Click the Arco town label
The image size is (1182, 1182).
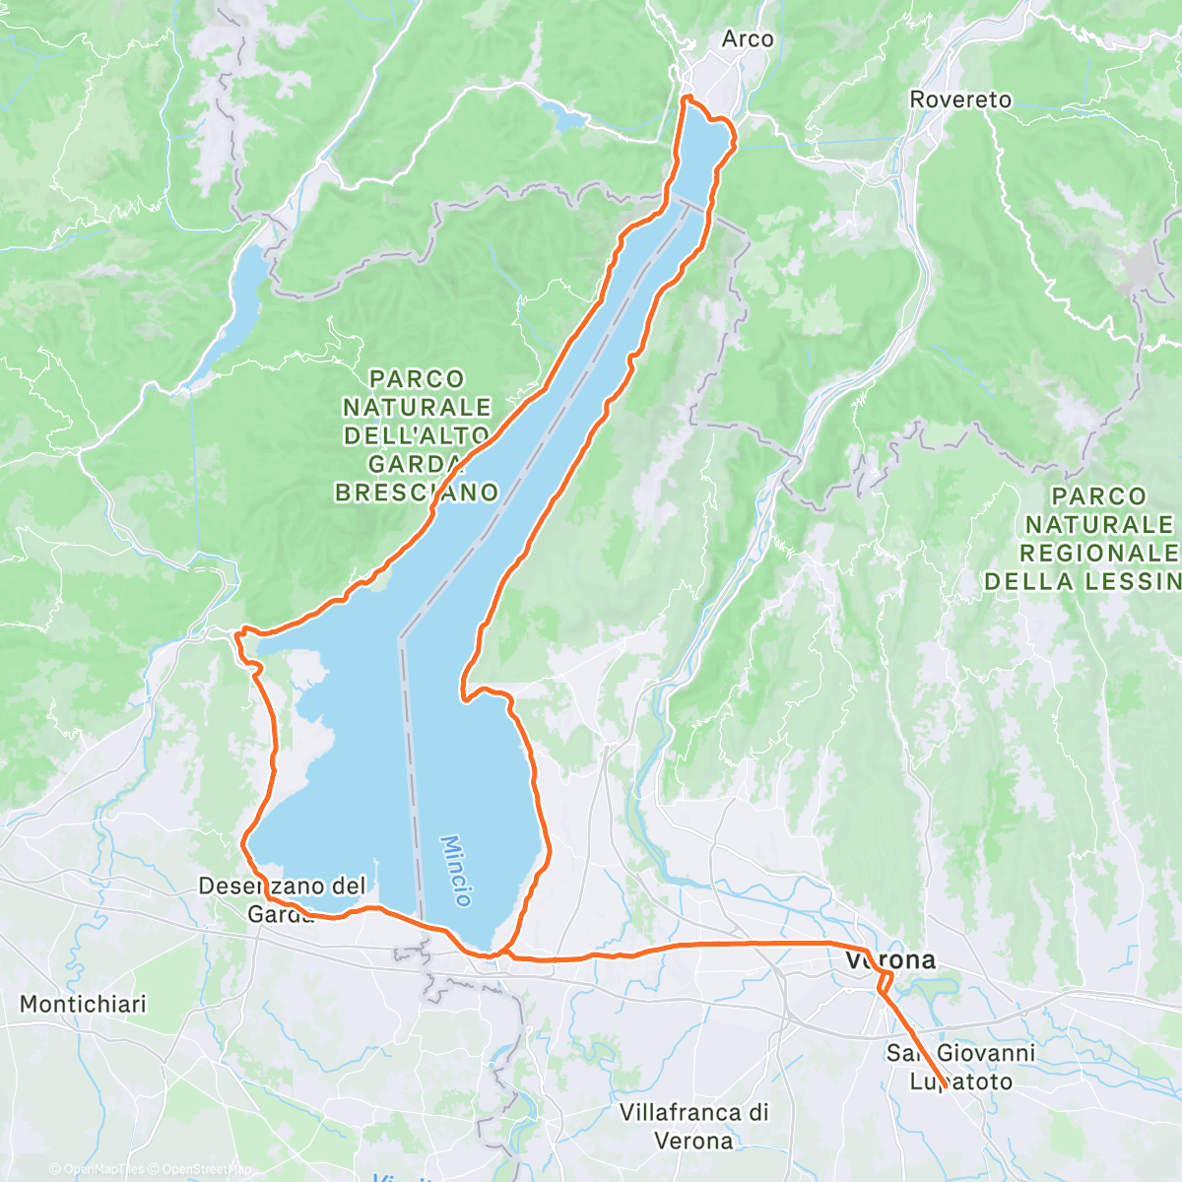pos(748,39)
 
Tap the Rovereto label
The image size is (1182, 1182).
pos(960,99)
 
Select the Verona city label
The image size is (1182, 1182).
pos(890,959)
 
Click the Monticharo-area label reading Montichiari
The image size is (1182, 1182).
pos(83,1004)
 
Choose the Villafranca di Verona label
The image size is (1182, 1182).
pos(693,1126)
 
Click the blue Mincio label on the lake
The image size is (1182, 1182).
pos(456,871)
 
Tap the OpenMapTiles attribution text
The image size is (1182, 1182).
pos(97,1169)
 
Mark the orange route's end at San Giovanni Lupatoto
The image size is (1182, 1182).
pos(944,1086)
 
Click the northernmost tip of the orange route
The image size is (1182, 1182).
pos(687,97)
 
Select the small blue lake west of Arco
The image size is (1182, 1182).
pos(567,120)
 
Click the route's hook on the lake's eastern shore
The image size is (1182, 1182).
pos(464,695)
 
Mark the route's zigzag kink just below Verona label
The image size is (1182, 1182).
pos(885,981)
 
